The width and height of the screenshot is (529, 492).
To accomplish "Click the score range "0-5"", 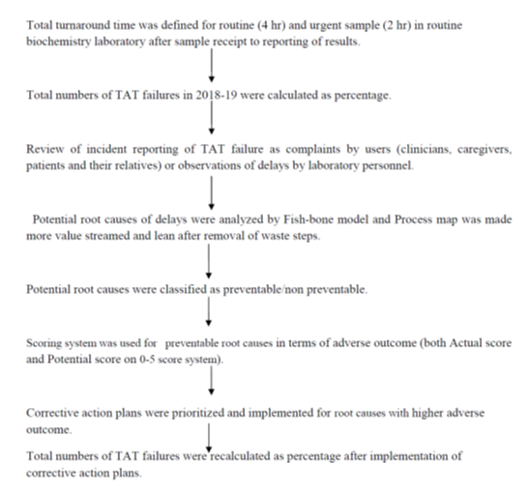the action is click(147, 360).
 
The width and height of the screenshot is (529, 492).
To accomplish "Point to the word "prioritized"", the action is click(197, 413).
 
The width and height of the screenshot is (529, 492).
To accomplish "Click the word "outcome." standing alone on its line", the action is click(49, 430).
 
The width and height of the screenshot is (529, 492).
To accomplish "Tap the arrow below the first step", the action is click(212, 65).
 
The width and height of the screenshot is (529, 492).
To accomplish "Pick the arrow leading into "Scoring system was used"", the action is click(209, 311).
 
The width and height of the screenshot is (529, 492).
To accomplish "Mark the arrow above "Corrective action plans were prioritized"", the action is click(211, 381).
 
